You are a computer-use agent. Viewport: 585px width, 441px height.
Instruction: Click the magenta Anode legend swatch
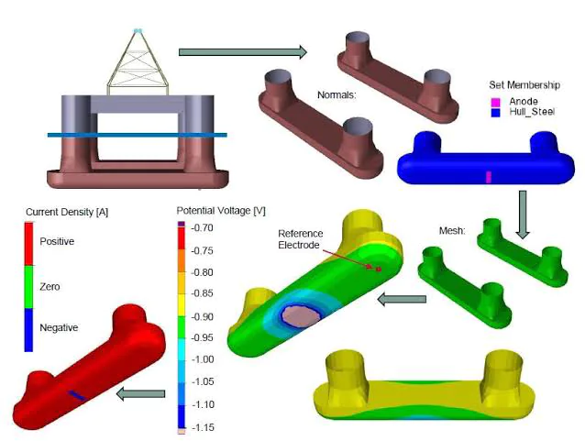tap(495, 102)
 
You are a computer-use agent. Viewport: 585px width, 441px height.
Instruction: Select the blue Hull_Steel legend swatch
tap(495, 112)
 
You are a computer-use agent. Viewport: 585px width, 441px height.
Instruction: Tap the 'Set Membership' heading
tap(524, 85)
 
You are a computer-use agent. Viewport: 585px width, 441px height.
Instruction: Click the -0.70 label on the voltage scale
tap(202, 227)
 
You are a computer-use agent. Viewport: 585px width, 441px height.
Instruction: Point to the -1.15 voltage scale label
tap(203, 427)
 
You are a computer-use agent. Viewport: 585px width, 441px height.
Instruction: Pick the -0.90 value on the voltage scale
tap(202, 317)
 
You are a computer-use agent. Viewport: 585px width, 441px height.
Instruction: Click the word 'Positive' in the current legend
tap(57, 241)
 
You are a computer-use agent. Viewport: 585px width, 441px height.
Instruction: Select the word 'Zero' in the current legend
tap(50, 287)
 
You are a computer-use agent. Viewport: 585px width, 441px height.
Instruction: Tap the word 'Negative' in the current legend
tap(59, 327)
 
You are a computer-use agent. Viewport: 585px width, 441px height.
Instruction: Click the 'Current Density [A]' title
tap(67, 212)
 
